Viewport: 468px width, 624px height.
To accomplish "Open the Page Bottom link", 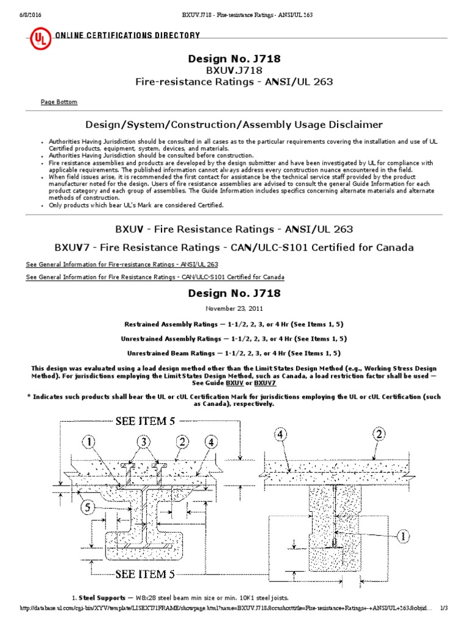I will pos(59,102).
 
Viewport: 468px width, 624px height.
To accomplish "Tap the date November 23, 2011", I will pos(234,308).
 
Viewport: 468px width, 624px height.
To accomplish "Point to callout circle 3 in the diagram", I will pos(144,441).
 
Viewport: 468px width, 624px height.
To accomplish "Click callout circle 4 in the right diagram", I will pos(280,435).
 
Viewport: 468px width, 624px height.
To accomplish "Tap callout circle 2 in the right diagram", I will pos(379,435).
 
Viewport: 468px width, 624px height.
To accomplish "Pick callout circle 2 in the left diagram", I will pos(182,441).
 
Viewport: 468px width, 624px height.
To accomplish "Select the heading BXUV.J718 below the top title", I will pos(234,70).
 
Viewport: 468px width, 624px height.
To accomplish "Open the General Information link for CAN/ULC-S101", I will pos(155,277).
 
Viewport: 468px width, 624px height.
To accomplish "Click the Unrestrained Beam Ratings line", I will pos(233,353).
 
